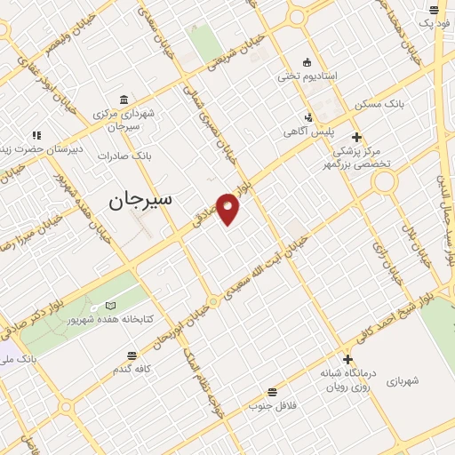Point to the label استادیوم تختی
(x=307, y=76)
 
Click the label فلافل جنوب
(x=271, y=407)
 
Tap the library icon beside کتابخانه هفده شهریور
(x=109, y=306)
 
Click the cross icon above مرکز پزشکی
(x=355, y=137)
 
